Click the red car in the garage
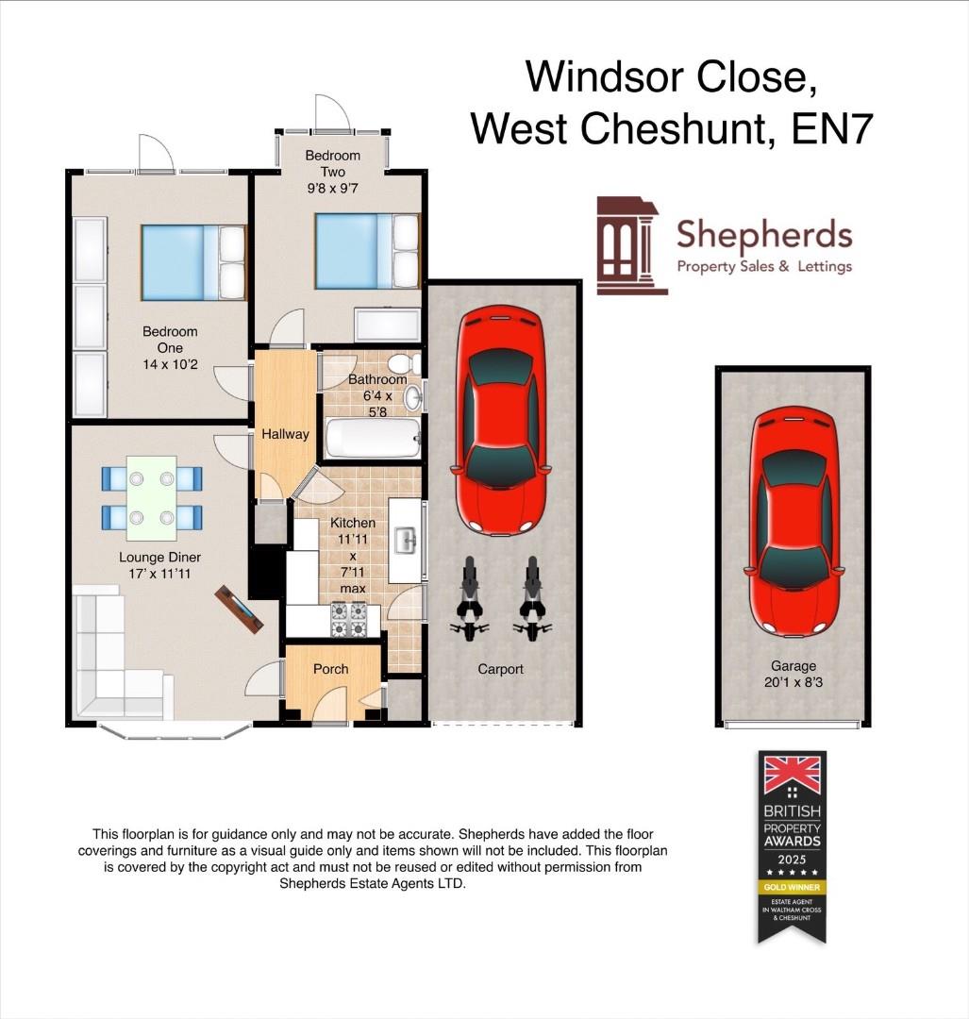[x=794, y=526]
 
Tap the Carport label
[x=500, y=669]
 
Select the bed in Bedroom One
[x=193, y=261]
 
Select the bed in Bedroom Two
[x=367, y=251]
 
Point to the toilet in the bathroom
[x=404, y=362]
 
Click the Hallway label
[x=286, y=434]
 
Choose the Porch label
[x=330, y=669]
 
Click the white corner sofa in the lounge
[x=111, y=660]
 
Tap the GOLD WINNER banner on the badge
[x=793, y=888]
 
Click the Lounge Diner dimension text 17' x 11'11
[x=159, y=572]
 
